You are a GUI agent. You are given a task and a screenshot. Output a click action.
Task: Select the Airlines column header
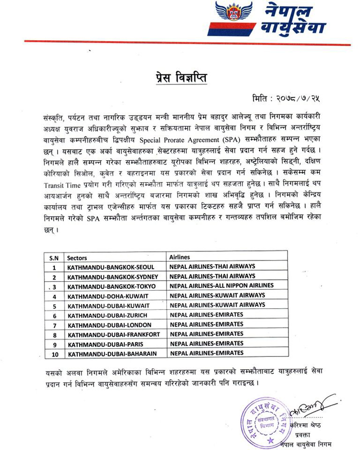180,257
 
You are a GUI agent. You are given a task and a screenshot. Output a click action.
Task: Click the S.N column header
54,258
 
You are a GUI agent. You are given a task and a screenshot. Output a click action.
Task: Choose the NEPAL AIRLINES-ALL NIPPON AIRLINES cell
221,285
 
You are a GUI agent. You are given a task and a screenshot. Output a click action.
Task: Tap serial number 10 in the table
54,354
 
